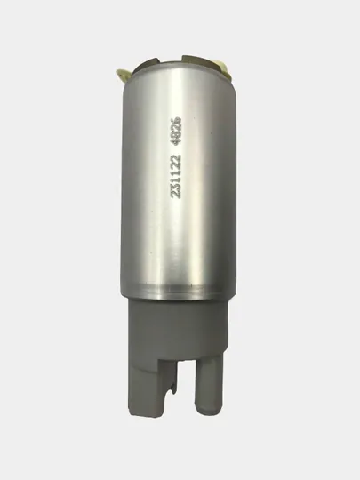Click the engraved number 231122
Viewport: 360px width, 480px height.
tap(177, 176)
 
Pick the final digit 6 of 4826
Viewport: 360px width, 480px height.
tap(177, 120)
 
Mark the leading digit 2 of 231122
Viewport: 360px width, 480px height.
tap(177, 195)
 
